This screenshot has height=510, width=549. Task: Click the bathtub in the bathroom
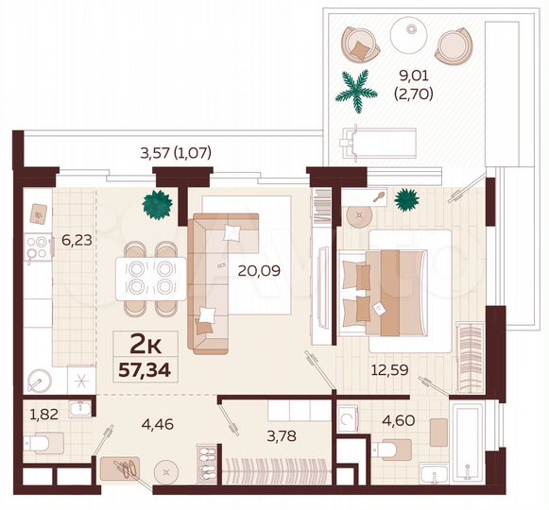(468, 443)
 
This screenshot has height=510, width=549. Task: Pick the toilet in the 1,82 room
(43, 441)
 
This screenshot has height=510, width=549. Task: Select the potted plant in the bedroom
(407, 198)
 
